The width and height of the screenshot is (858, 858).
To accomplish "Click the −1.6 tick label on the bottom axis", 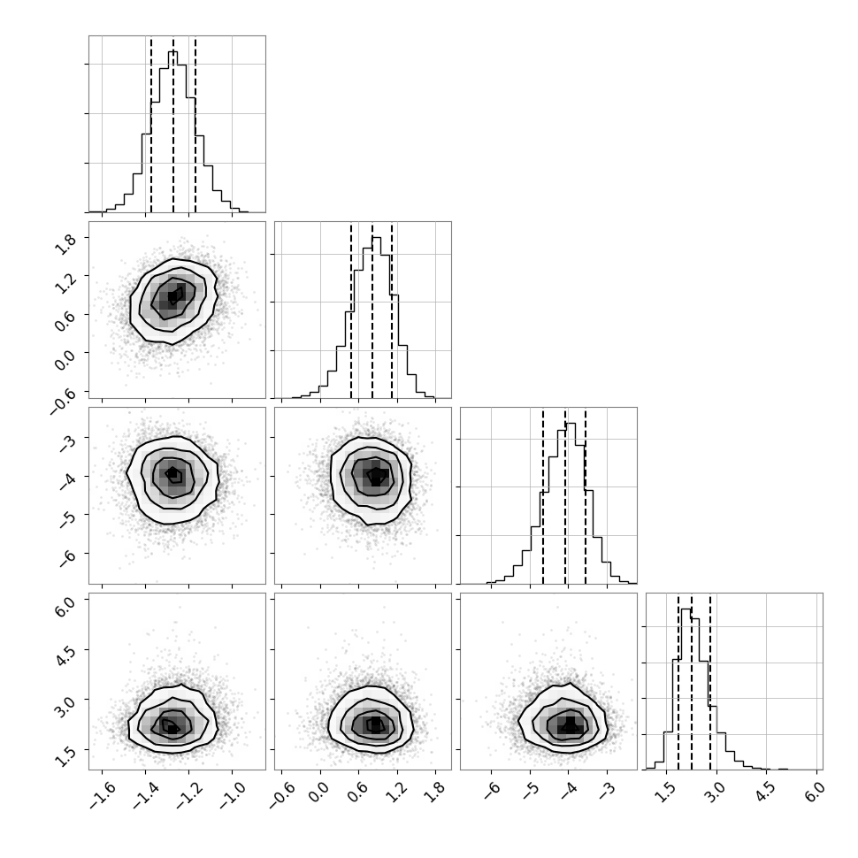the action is point(102,795).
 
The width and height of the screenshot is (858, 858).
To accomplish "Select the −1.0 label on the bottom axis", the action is point(232,795).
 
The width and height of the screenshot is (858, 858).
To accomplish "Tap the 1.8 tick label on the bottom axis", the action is point(436,793).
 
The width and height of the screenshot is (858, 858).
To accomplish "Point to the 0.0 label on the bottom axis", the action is point(321,793).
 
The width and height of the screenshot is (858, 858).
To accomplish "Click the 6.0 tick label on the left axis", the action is point(65,605).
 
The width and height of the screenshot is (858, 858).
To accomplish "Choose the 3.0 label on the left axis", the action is point(65,705).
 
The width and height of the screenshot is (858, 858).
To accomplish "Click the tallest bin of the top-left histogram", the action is point(172,131).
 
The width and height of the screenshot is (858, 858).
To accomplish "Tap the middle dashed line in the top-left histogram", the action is point(173,125).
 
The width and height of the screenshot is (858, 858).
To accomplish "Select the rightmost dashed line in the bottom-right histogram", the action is point(710,682).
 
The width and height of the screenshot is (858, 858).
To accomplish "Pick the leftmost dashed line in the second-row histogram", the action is point(351,310).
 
